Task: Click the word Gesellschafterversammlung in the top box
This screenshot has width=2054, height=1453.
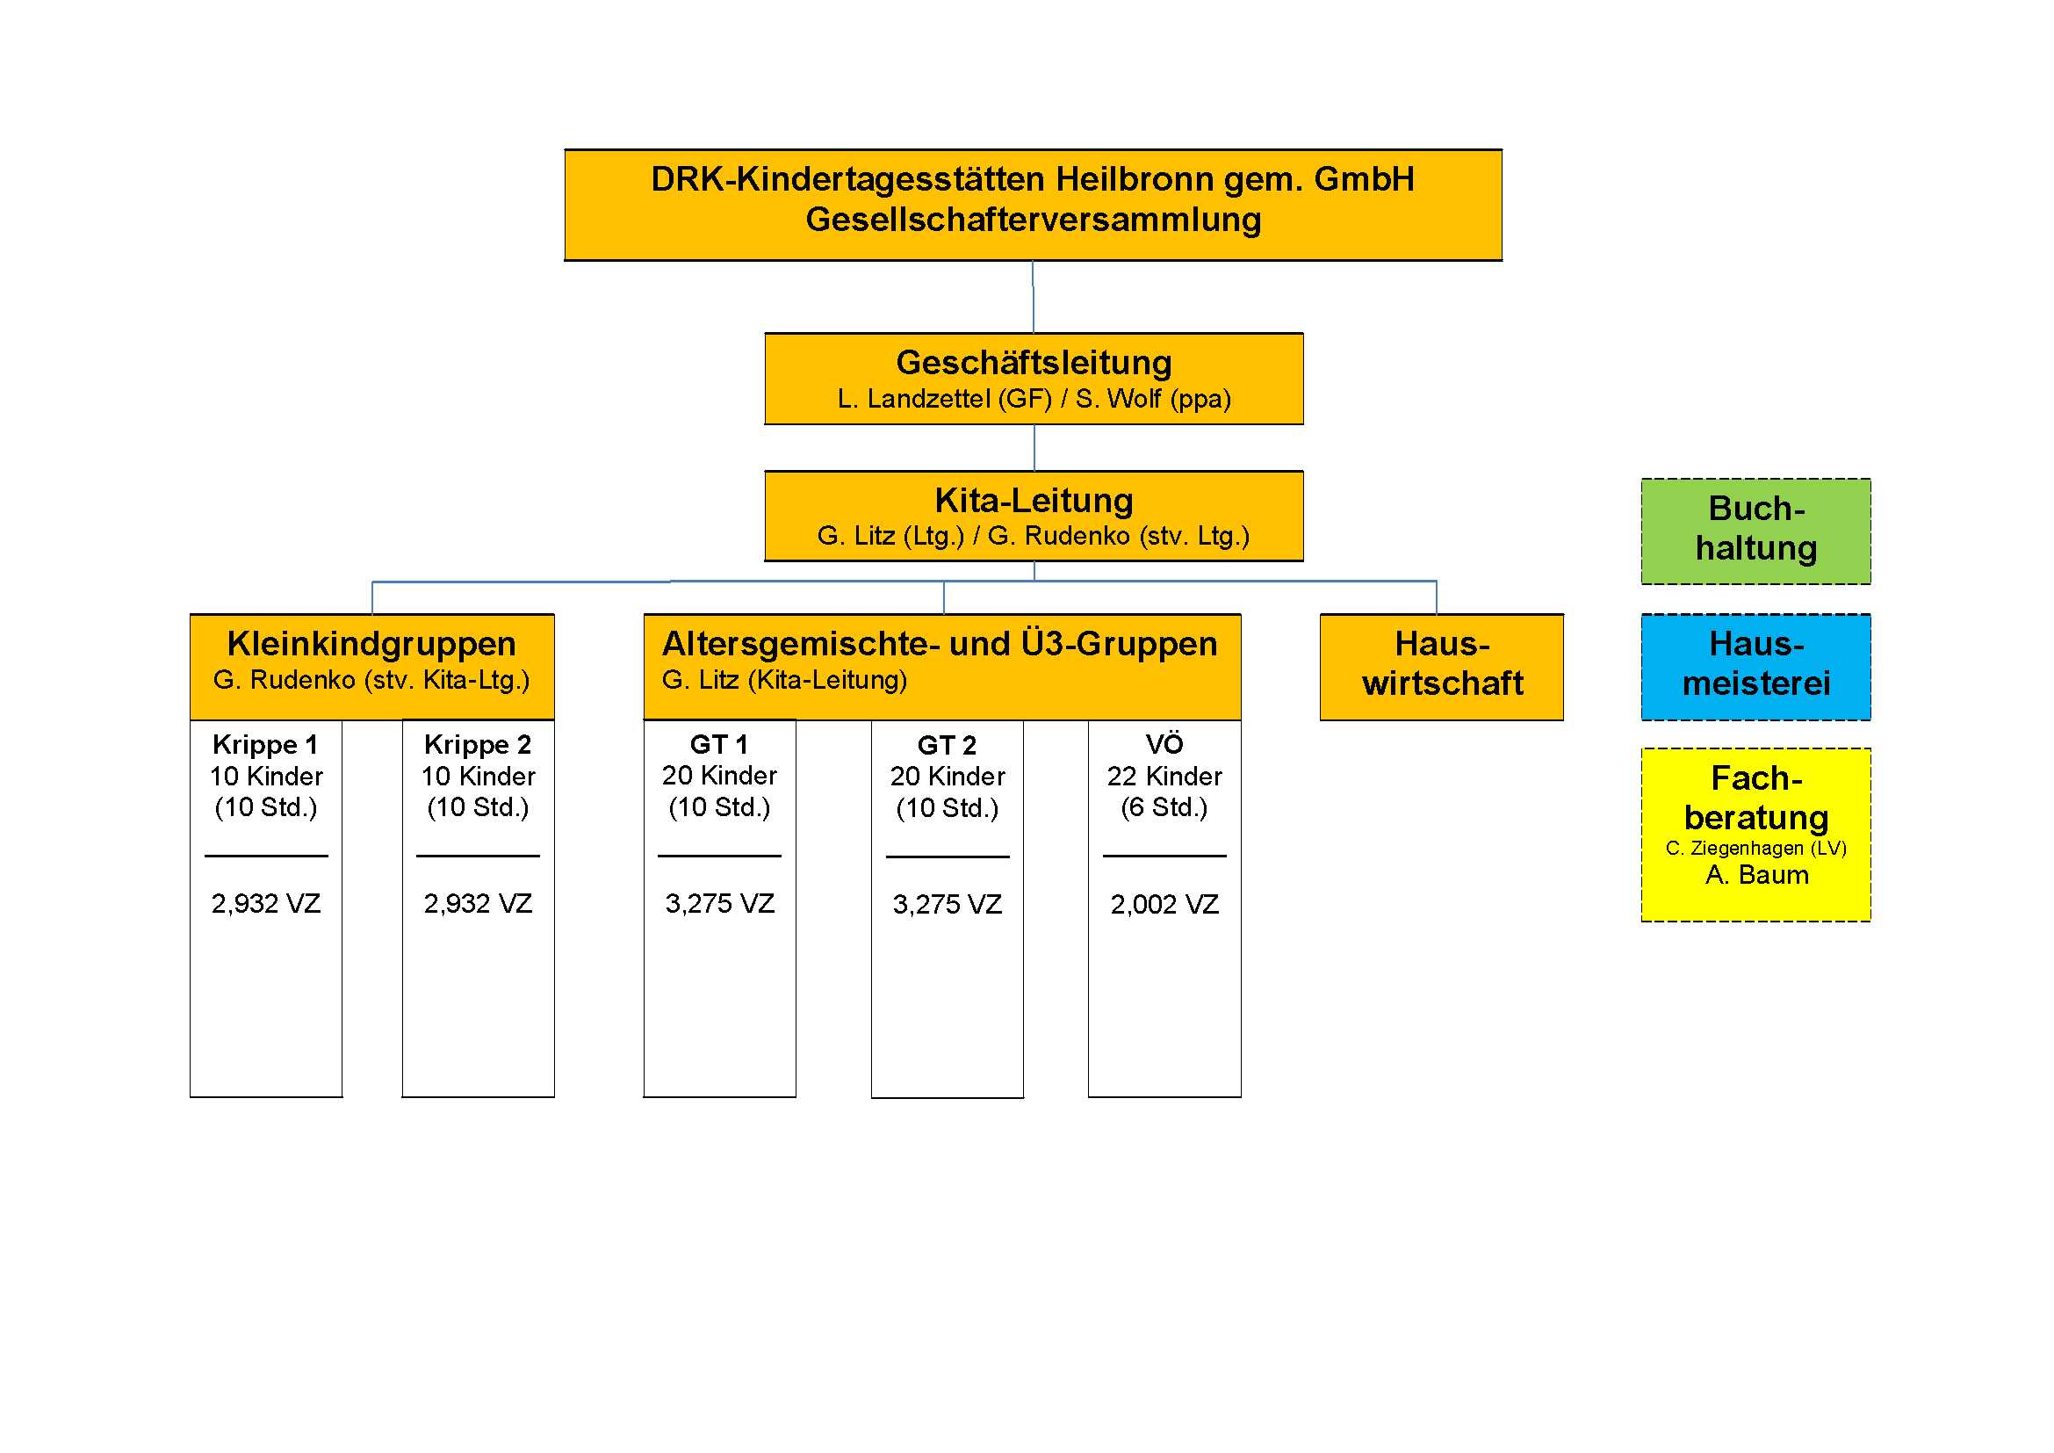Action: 1033,220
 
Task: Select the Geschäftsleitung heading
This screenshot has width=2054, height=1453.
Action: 1034,362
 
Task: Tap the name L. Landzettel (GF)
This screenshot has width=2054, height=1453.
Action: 944,399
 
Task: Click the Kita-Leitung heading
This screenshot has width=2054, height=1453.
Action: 1034,500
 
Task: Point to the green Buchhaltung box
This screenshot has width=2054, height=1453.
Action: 1755,531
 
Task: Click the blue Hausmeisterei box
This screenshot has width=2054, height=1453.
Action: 1755,666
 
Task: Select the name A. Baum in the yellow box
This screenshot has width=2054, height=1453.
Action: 1756,874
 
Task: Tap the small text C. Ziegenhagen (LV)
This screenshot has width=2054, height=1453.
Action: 1755,849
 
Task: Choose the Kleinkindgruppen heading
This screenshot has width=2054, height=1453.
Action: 371,644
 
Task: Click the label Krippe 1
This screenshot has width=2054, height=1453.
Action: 266,744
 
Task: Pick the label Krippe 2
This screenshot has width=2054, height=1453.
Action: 478,744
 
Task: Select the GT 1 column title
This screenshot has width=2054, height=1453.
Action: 718,744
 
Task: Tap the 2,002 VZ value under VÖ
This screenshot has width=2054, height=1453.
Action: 1164,904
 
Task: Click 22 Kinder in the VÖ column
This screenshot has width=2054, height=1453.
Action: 1164,776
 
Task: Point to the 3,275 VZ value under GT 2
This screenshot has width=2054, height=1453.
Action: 947,904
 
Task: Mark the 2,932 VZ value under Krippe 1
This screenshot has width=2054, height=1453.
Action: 266,903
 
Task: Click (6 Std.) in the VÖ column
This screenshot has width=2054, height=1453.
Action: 1164,807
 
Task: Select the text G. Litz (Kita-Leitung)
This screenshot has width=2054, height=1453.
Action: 783,680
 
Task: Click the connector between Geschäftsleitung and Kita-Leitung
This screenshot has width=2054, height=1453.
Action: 1034,447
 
